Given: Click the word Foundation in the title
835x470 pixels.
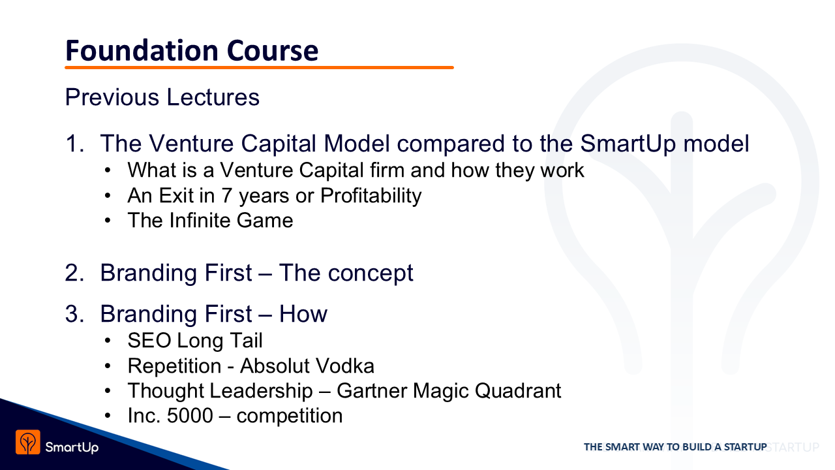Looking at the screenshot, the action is (142, 50).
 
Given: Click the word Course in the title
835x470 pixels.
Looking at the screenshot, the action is (273, 51).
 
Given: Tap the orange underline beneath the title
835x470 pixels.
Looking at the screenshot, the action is (259, 67).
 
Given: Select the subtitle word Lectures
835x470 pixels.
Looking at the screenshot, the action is (213, 97).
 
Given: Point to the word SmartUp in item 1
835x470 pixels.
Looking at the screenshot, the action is (628, 144).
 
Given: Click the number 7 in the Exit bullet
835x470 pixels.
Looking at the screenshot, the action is (227, 195).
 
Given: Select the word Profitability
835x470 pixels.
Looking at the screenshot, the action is (371, 196).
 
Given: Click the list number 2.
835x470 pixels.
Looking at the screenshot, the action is (74, 273).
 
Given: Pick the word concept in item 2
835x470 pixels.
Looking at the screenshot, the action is (371, 274).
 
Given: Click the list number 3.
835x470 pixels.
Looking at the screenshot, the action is (74, 314).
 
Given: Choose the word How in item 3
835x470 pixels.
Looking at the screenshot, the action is (303, 314).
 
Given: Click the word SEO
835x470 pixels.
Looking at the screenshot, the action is (149, 340).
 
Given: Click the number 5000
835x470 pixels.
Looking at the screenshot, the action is (190, 416).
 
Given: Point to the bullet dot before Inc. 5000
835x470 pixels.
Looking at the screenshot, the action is (108, 416).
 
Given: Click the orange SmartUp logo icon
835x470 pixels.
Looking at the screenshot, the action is (28, 442).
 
